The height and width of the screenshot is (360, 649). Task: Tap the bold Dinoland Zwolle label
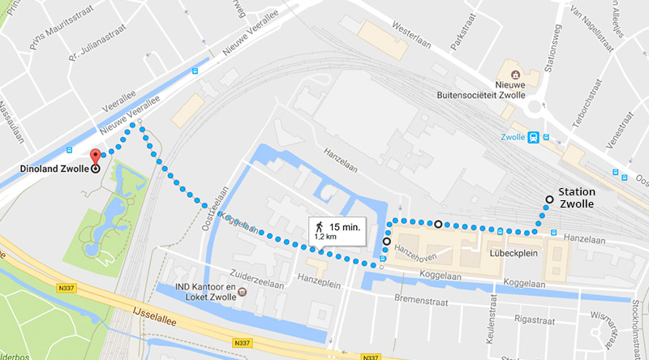pyautogui.click(x=53, y=169)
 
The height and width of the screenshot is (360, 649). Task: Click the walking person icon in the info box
pyautogui.click(x=321, y=226)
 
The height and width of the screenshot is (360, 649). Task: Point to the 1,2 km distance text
pyautogui.click(x=326, y=238)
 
